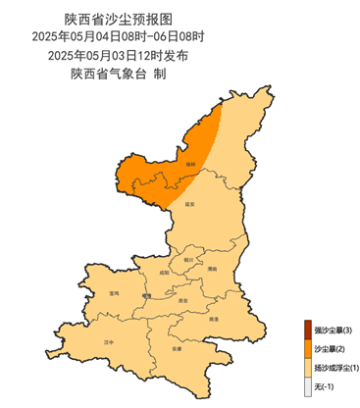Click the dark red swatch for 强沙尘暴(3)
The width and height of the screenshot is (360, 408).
pyautogui.click(x=307, y=329)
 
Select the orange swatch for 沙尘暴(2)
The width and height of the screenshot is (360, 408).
pyautogui.click(x=307, y=348)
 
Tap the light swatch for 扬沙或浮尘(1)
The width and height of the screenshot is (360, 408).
pyautogui.click(x=307, y=367)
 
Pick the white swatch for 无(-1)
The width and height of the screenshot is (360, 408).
pyautogui.click(x=307, y=386)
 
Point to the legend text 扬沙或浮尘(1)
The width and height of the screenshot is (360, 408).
pyautogui.click(x=336, y=368)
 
